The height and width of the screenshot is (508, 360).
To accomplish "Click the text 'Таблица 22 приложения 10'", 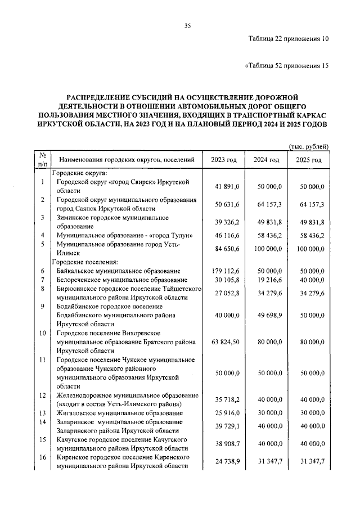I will [x=288, y=39].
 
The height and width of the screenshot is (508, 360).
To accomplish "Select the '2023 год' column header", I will [x=224, y=160].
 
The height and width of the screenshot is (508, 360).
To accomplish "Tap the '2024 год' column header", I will [x=266, y=160].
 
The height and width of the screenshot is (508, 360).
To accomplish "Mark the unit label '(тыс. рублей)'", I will [x=308, y=146].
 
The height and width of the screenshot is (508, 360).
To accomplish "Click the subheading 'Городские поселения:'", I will [x=85, y=262].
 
